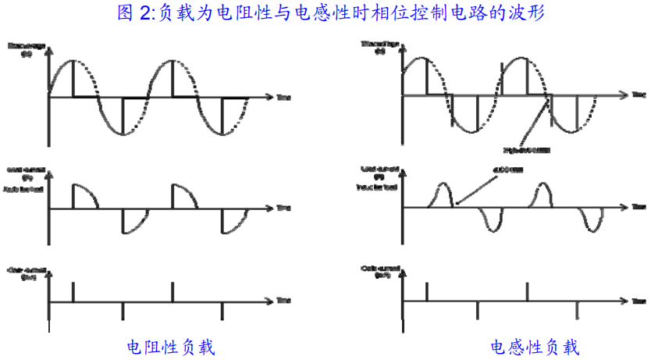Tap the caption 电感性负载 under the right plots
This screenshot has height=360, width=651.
click(535, 345)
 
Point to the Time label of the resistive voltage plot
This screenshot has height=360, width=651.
click(283, 97)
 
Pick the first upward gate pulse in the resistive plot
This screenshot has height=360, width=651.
click(73, 292)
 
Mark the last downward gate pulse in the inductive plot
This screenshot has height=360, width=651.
click(577, 310)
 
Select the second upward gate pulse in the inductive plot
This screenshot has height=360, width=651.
click(528, 291)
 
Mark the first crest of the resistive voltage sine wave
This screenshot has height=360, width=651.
click(73, 61)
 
